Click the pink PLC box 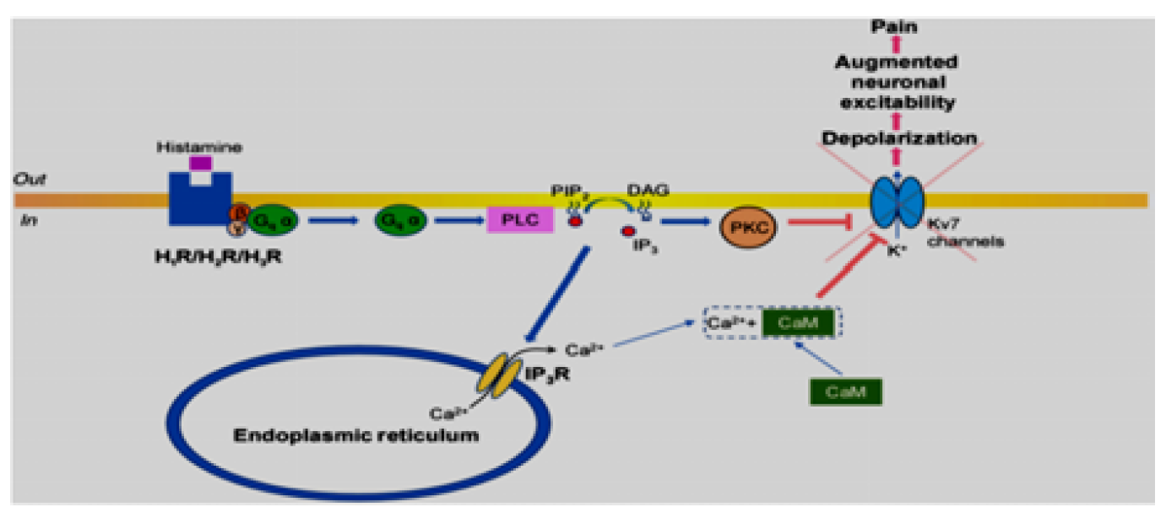520,220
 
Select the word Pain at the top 895,27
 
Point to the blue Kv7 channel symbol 898,208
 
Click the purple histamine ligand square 201,163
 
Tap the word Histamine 199,147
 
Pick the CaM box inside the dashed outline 800,321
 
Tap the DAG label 648,192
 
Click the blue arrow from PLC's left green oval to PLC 457,221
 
